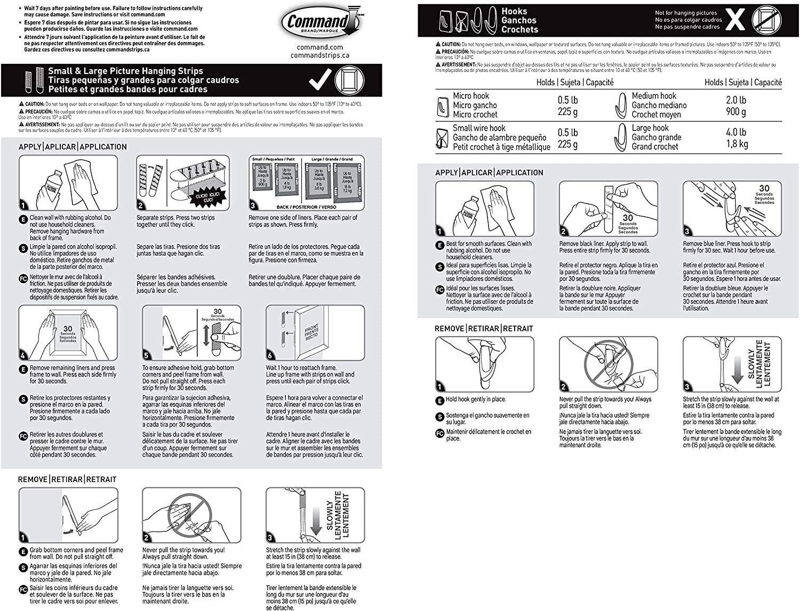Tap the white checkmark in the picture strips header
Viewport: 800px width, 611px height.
321,79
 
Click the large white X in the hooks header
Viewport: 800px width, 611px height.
735,20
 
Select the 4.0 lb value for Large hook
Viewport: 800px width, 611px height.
736,132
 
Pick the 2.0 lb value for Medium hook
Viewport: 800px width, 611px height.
736,100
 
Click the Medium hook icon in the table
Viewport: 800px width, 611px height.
621,104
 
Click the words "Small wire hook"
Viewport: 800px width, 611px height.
479,128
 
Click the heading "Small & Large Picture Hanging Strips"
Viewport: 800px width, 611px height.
126,71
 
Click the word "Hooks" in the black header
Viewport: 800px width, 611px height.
514,11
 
